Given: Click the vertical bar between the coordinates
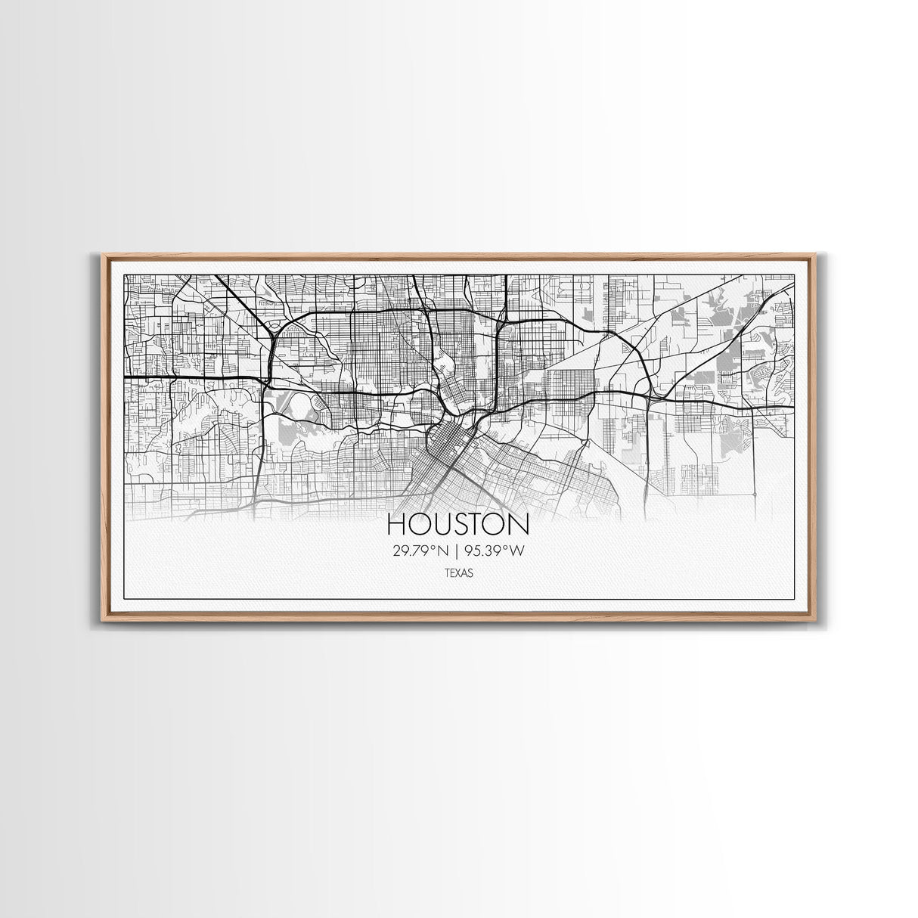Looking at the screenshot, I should click(x=458, y=550).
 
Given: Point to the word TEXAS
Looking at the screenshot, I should click(x=458, y=573).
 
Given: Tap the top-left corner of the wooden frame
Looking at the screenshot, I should click(x=103, y=256).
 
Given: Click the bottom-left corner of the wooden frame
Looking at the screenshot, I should click(x=103, y=619).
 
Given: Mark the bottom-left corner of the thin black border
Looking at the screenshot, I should click(x=124, y=599).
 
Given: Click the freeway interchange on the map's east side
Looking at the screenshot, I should click(x=650, y=393).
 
